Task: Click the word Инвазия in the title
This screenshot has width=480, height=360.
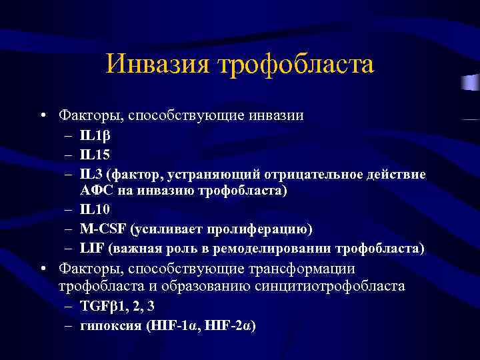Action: pyautogui.click(x=155, y=65)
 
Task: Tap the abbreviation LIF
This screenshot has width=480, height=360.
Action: pyautogui.click(x=91, y=249)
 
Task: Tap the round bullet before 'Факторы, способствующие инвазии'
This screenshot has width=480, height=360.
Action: pyautogui.click(x=42, y=116)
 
